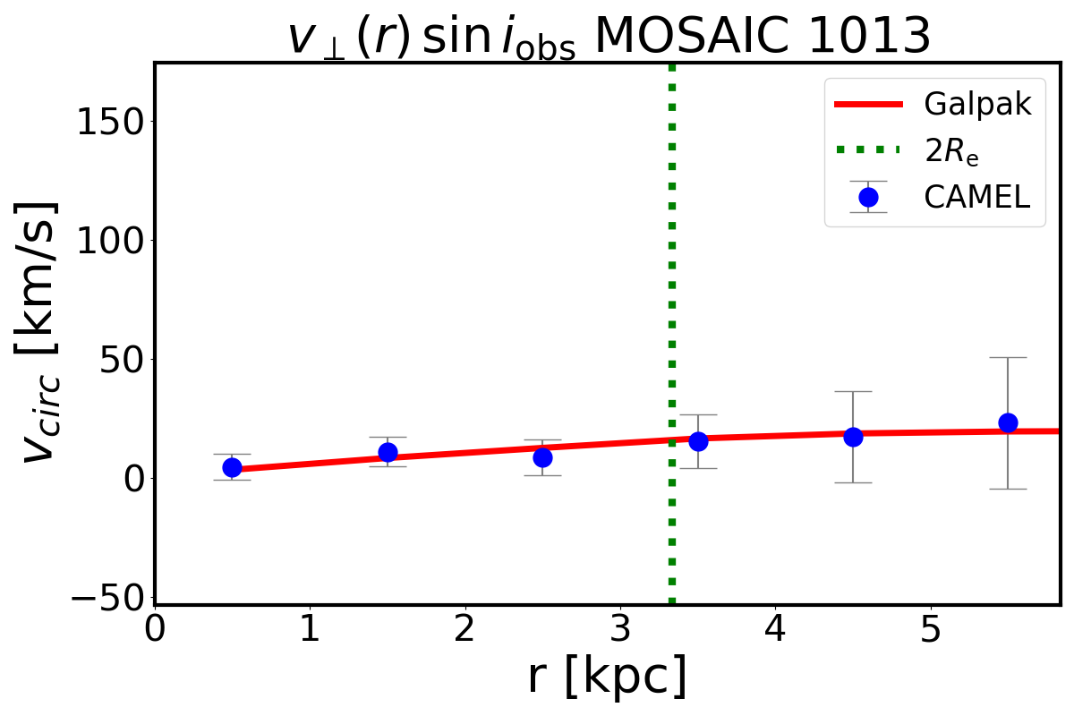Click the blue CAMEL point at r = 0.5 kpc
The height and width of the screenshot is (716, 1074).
coord(232,467)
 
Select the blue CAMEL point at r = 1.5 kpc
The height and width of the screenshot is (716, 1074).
coord(388,452)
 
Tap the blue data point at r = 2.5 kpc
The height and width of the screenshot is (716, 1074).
coord(542,457)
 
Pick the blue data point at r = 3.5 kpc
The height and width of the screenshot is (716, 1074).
coord(698,440)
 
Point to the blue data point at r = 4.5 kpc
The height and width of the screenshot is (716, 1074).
coord(853,437)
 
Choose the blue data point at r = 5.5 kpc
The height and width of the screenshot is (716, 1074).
coord(1008,422)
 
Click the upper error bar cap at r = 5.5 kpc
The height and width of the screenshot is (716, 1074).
coord(1008,358)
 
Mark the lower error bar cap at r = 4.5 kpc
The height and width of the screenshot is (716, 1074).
coord(853,482)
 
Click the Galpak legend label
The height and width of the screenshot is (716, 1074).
coord(977,105)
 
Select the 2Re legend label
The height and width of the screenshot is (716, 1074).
coord(950,152)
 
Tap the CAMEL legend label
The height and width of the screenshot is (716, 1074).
coord(977,197)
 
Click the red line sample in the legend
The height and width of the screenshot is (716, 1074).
coord(867,105)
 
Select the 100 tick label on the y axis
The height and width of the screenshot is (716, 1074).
coord(111,241)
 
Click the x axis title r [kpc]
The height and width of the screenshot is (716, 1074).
coord(608,677)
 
